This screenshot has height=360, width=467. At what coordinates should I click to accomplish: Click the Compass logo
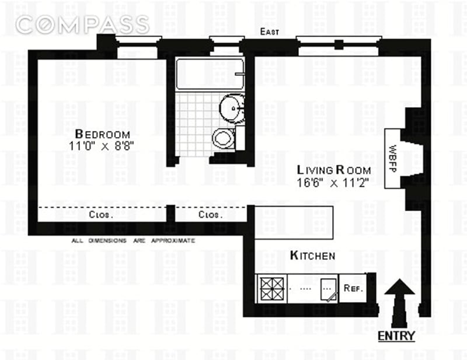(82, 24)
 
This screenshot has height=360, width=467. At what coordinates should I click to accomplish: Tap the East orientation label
(270, 32)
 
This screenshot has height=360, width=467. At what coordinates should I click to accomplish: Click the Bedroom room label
(103, 134)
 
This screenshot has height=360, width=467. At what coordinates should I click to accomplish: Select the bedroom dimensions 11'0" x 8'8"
(101, 146)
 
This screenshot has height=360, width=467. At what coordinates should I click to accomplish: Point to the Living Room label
(334, 170)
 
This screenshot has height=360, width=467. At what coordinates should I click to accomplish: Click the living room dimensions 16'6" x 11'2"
(333, 182)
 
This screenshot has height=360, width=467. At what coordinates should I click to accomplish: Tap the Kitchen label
(312, 256)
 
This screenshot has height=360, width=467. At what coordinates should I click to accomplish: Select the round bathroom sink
(232, 108)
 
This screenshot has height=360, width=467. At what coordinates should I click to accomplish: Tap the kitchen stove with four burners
(272, 289)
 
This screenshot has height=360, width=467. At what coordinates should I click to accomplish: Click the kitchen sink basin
(329, 289)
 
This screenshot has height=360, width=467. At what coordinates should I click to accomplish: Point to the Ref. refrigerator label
(354, 288)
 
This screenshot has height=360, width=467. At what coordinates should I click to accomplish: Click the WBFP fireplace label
(393, 159)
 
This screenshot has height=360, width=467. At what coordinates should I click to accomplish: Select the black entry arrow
(399, 303)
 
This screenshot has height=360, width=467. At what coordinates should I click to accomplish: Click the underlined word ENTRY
(396, 336)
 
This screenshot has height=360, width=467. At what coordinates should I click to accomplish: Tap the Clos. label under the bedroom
(101, 214)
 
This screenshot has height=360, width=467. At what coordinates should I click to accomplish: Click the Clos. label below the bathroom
(210, 214)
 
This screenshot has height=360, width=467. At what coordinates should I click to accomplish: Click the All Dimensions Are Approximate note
(133, 240)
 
